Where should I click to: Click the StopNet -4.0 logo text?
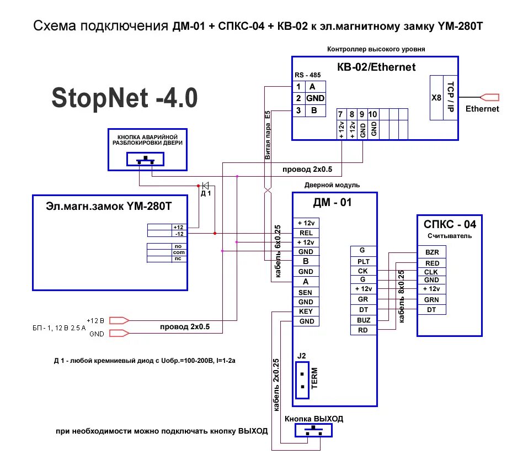(x=124, y=98)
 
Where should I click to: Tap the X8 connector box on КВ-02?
(x=436, y=97)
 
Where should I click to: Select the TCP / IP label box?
(x=450, y=97)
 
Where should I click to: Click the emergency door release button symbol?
(x=146, y=160)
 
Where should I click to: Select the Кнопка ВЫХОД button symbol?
(x=314, y=430)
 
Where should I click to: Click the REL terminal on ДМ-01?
(x=306, y=233)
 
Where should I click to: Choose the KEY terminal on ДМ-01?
(x=306, y=312)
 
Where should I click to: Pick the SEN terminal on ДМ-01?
(x=306, y=292)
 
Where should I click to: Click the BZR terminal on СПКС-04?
(x=432, y=252)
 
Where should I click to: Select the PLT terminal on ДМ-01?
(x=363, y=261)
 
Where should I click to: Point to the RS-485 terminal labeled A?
(x=312, y=87)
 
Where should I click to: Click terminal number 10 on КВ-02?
(x=373, y=114)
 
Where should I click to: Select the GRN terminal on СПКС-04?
(x=432, y=300)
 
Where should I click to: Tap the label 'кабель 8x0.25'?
(x=402, y=297)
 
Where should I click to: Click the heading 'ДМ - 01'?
(x=332, y=202)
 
